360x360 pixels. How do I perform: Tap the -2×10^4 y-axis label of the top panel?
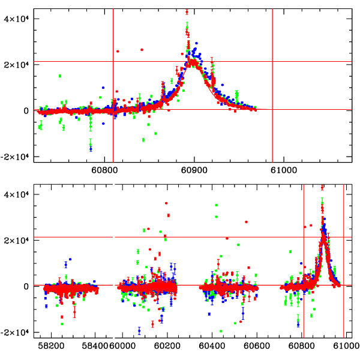pos(14,157)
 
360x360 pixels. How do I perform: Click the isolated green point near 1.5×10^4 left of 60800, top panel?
pos(60,76)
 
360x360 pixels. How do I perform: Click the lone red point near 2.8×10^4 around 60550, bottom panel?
pos(246,222)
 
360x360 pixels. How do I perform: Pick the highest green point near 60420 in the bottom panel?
pos(216,205)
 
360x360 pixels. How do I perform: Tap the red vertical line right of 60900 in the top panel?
pos(272,84)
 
